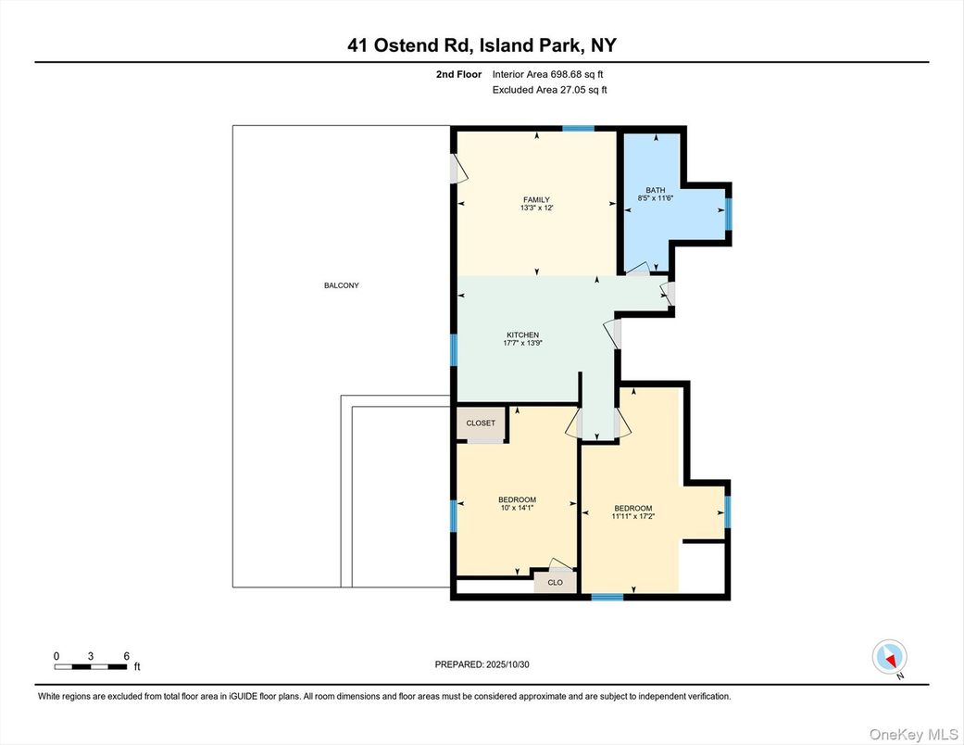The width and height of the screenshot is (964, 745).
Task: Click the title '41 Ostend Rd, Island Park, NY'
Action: click(x=482, y=45)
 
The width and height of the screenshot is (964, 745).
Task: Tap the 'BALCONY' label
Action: click(x=341, y=285)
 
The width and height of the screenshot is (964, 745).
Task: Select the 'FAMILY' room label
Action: click(x=536, y=200)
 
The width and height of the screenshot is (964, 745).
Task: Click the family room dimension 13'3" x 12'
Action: click(x=536, y=208)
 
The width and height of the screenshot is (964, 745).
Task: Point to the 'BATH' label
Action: click(x=656, y=190)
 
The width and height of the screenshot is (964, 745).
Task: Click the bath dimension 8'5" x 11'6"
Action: click(x=656, y=198)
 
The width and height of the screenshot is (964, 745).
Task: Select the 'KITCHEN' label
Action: click(x=522, y=335)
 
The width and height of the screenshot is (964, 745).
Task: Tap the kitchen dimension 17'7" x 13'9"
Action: click(x=522, y=344)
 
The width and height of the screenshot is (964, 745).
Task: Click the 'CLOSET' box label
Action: click(x=481, y=423)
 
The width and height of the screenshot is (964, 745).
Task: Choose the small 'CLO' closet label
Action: click(x=556, y=583)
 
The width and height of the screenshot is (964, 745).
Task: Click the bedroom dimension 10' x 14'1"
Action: click(x=517, y=508)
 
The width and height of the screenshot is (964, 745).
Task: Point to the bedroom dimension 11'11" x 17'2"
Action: click(x=633, y=516)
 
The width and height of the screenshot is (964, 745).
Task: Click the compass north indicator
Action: click(x=890, y=659)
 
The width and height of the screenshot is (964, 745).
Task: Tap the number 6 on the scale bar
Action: click(x=126, y=655)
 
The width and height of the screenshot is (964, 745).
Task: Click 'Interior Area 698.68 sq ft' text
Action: click(x=549, y=74)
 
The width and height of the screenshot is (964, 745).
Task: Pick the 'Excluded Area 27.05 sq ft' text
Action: click(x=549, y=90)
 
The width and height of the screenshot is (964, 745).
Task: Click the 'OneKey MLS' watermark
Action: click(x=918, y=733)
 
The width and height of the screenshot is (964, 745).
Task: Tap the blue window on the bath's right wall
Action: click(x=728, y=213)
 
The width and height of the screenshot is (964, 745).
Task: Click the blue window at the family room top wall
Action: click(x=579, y=128)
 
